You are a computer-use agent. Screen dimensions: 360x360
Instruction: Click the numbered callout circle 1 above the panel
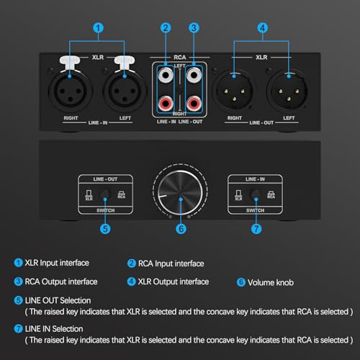pyautogui.click(x=98, y=28)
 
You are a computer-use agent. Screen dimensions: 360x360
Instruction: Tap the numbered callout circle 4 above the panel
pyautogui.click(x=262, y=28)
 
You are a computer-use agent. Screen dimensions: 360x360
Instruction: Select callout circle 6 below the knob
pyautogui.click(x=181, y=229)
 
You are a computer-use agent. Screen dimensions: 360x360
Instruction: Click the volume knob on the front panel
pyautogui.click(x=181, y=193)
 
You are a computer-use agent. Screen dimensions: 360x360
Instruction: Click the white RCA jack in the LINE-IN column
pyautogui.click(x=166, y=75)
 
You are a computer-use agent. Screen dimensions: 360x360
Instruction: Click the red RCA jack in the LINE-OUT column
pyautogui.click(x=194, y=104)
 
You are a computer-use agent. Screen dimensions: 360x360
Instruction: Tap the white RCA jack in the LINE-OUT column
pyautogui.click(x=194, y=75)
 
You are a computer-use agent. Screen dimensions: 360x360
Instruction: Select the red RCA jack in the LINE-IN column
pyautogui.click(x=166, y=104)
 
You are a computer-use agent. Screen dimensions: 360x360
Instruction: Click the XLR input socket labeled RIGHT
pyautogui.click(x=70, y=91)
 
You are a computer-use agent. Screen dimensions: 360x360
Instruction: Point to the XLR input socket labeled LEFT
pyautogui.click(x=125, y=91)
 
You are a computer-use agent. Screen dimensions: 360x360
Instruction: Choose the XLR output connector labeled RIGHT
pyautogui.click(x=234, y=91)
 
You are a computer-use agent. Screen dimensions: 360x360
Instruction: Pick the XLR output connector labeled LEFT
pyautogui.click(x=288, y=91)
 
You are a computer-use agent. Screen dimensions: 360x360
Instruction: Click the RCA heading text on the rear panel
pyautogui.click(x=180, y=58)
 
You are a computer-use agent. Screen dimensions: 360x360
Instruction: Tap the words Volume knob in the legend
pyautogui.click(x=271, y=282)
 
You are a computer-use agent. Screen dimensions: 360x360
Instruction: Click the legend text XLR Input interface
pyautogui.click(x=57, y=263)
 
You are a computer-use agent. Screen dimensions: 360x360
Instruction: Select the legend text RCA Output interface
pyautogui.click(x=61, y=282)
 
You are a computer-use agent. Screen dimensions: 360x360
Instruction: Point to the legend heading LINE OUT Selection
pyautogui.click(x=58, y=300)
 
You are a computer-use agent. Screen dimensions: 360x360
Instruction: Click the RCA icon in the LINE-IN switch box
pyautogui.click(x=271, y=195)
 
